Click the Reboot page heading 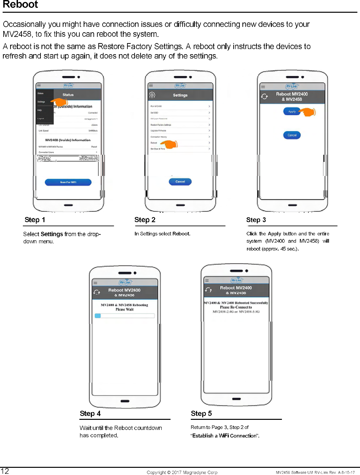20,5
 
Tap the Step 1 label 35,220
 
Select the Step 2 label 145,220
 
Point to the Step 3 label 256,220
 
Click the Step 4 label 90,413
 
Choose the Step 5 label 201,413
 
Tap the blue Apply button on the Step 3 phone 292,112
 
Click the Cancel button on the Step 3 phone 292,135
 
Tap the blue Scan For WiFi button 68,182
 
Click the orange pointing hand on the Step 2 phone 170,144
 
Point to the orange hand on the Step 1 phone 60,102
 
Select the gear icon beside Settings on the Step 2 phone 152,95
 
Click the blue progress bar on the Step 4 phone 98,316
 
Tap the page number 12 5,471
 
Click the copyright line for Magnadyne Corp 182,472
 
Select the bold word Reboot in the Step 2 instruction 181,234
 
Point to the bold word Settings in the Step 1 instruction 52,234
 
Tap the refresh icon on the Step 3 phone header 265,96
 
